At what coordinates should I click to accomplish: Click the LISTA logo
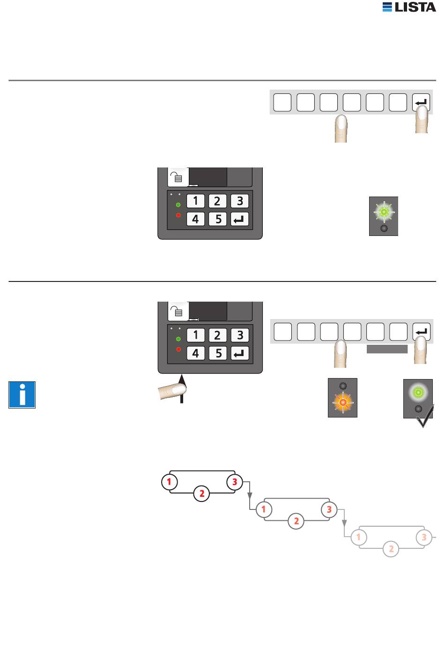(x=409, y=7)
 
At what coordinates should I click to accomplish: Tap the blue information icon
(x=22, y=395)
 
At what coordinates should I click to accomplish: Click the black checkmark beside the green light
(x=425, y=416)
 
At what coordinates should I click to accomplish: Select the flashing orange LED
(x=343, y=402)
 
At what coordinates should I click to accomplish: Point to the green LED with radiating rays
(x=384, y=212)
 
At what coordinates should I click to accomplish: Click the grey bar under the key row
(x=387, y=349)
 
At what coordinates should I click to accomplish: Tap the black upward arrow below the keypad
(x=182, y=388)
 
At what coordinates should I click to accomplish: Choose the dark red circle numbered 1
(x=170, y=482)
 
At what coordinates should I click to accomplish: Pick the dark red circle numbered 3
(x=235, y=482)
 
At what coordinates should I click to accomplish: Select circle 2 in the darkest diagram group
(x=202, y=493)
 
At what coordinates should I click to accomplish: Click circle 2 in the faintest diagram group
(x=391, y=549)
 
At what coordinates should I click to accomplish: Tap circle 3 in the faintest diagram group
(x=424, y=537)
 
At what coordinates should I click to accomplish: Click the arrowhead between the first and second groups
(x=250, y=495)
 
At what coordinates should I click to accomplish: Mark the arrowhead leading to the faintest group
(x=344, y=523)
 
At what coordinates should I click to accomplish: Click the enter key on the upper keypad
(x=239, y=219)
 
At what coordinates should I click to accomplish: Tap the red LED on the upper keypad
(x=178, y=215)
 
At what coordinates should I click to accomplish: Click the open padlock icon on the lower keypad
(x=177, y=311)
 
